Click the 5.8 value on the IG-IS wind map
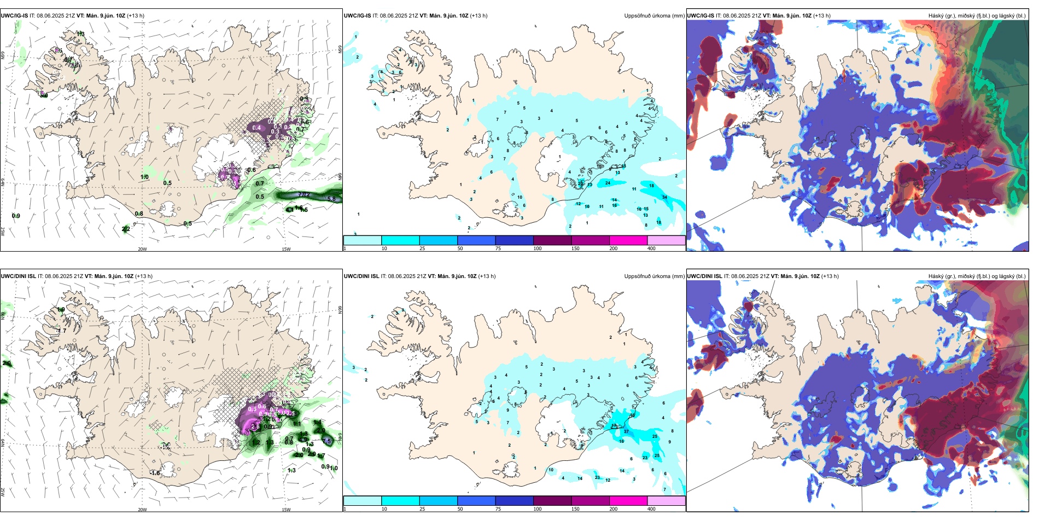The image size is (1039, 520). pyautogui.click(x=331, y=199)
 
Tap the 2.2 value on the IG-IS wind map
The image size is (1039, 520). pyautogui.click(x=126, y=229)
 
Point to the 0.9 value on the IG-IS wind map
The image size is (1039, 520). pyautogui.click(x=16, y=216)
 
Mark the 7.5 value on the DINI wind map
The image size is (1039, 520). pyautogui.click(x=327, y=441)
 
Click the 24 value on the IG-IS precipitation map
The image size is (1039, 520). pyautogui.click(x=608, y=183)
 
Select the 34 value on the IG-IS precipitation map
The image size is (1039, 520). pyautogui.click(x=664, y=197)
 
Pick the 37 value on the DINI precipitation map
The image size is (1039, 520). pyautogui.click(x=626, y=431)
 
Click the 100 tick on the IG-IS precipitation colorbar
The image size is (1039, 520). pyautogui.click(x=538, y=249)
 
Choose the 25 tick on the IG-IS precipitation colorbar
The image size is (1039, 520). pyautogui.click(x=422, y=249)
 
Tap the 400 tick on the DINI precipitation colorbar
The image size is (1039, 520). pyautogui.click(x=651, y=509)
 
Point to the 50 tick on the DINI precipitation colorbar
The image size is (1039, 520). pyautogui.click(x=460, y=509)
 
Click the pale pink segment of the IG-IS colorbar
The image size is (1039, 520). pyautogui.click(x=666, y=240)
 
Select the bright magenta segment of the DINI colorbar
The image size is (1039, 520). pyautogui.click(x=628, y=501)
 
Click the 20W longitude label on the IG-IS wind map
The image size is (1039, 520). pyautogui.click(x=142, y=249)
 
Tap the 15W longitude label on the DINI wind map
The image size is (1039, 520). pyautogui.click(x=286, y=510)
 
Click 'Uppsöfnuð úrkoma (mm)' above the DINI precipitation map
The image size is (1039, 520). pyautogui.click(x=654, y=276)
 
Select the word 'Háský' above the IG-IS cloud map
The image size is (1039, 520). pyautogui.click(x=936, y=16)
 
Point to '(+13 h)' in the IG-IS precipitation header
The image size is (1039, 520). pyautogui.click(x=478, y=16)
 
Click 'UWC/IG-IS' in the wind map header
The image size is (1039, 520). pyautogui.click(x=14, y=16)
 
